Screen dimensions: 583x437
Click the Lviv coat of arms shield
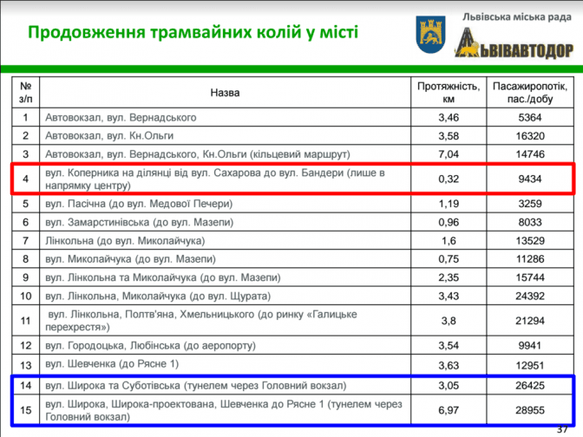pos(430,35)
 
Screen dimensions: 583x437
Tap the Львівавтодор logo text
pos(514,44)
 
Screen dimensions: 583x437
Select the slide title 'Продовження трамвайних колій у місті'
pos(193,32)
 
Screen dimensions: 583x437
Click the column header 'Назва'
pos(225,93)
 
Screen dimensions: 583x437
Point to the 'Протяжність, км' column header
pos(449,93)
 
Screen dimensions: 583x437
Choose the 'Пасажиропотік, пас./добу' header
pos(530,93)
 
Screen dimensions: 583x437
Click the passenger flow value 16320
pos(530,136)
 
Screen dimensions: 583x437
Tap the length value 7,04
pos(449,154)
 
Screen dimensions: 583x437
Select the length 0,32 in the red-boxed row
pos(449,179)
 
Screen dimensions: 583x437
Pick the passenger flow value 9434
pos(530,179)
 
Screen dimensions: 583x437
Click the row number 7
pos(25,241)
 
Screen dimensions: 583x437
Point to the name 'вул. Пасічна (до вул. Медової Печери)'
pos(139,204)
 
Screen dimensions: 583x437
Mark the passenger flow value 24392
pos(530,297)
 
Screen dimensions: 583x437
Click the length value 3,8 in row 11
pos(449,321)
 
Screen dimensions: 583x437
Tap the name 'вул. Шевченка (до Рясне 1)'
pos(112,364)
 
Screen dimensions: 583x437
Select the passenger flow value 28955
pos(530,410)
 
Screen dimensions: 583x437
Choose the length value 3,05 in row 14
pos(449,385)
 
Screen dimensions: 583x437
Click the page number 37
pos(562,430)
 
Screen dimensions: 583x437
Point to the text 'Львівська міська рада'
pos(517,17)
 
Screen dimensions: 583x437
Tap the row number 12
pos(25,346)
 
